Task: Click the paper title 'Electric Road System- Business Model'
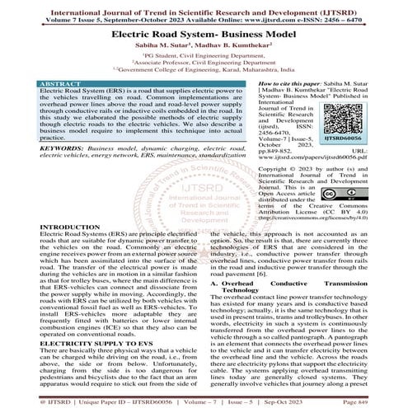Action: pos(204,37)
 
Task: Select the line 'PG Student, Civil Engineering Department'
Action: pos(204,62)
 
